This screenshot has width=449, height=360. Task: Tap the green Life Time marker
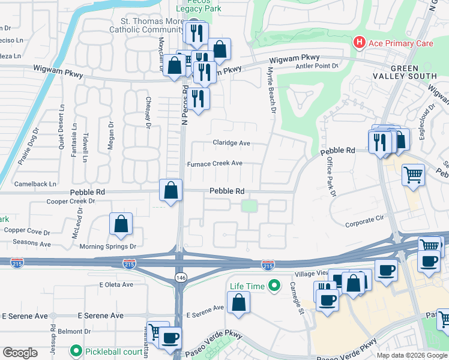click(x=275, y=286)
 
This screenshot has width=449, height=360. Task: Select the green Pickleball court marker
click(x=76, y=350)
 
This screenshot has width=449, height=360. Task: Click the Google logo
click(x=20, y=353)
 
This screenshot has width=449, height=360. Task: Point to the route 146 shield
click(x=180, y=277)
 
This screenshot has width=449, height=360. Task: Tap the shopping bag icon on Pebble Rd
click(x=171, y=191)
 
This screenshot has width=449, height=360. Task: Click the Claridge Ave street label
click(x=231, y=143)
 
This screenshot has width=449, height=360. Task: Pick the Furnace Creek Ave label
click(x=215, y=163)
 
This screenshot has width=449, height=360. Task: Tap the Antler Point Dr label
click(x=318, y=67)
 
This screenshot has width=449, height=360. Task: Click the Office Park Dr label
click(x=330, y=177)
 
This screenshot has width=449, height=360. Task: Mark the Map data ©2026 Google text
click(x=411, y=355)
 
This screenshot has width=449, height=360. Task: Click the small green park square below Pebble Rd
click(x=249, y=206)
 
